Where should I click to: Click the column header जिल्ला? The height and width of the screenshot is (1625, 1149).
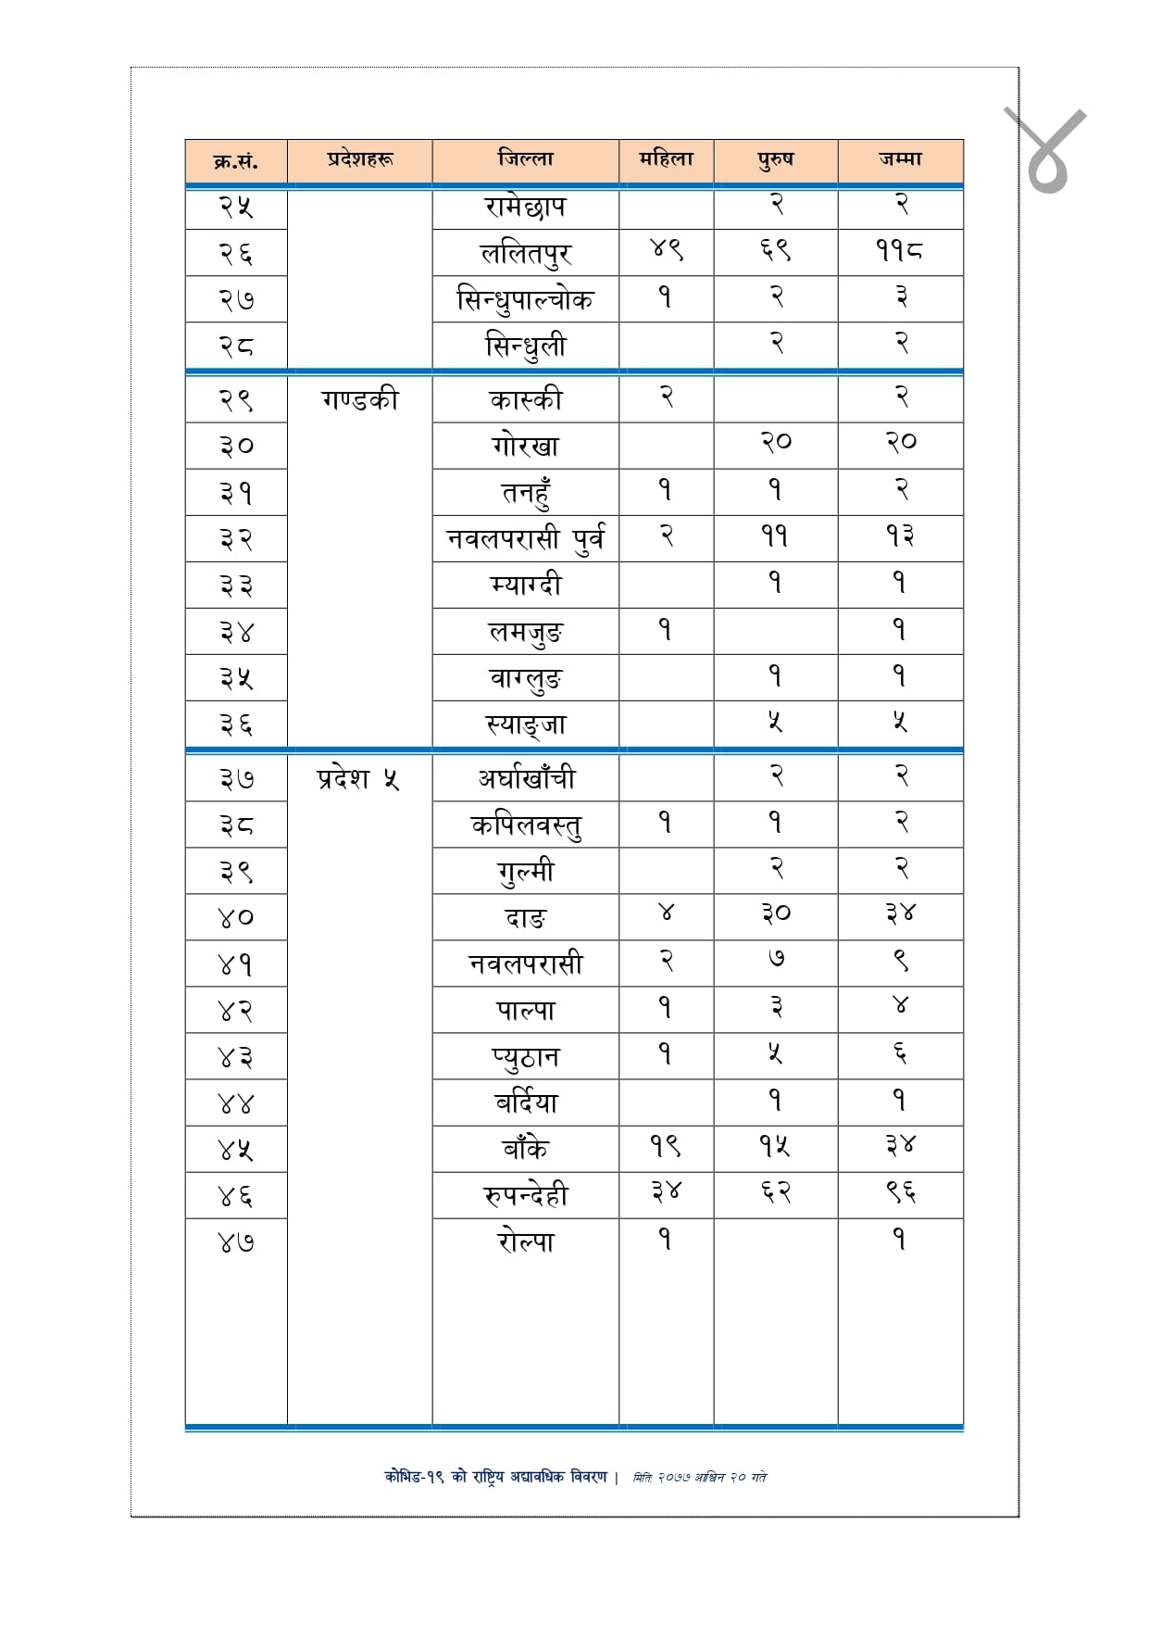pyautogui.click(x=525, y=159)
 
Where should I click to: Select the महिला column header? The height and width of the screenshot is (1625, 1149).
pyautogui.click(x=666, y=159)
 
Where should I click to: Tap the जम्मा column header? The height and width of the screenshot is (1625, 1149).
pyautogui.click(x=900, y=159)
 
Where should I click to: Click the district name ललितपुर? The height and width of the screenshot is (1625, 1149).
pyautogui.click(x=525, y=253)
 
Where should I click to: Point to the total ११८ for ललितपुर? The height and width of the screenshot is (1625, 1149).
pyautogui.click(x=899, y=250)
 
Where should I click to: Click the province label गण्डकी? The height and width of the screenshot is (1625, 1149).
pyautogui.click(x=359, y=399)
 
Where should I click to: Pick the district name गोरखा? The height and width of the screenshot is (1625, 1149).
pyautogui.click(x=525, y=446)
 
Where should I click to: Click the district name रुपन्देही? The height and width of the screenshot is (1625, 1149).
pyautogui.click(x=525, y=1195)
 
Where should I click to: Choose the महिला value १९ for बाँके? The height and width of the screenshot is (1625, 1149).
pyautogui.click(x=665, y=1146)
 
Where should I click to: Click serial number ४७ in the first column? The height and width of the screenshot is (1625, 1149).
pyautogui.click(x=235, y=1241)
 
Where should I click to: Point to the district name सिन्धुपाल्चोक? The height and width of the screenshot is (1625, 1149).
pyautogui.click(x=525, y=299)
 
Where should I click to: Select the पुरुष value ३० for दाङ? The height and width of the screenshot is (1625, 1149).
pyautogui.click(x=776, y=913)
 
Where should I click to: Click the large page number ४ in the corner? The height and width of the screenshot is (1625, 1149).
pyautogui.click(x=1046, y=151)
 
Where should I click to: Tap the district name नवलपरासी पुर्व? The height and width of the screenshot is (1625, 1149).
pyautogui.click(x=525, y=538)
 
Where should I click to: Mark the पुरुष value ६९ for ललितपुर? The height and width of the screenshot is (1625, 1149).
pyautogui.click(x=776, y=250)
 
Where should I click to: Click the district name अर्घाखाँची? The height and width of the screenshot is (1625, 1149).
pyautogui.click(x=525, y=778)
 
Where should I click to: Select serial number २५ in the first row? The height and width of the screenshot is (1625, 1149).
pyautogui.click(x=235, y=207)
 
